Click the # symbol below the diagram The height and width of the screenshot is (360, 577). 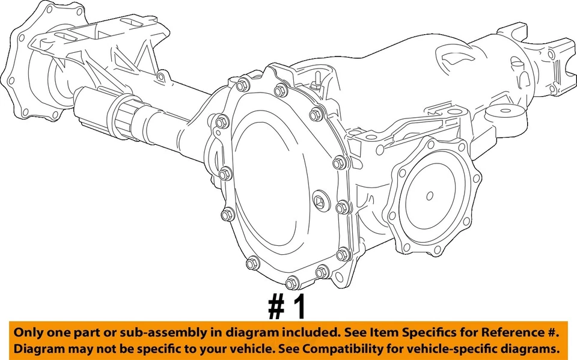click(276, 307)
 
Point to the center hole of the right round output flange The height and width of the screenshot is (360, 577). click(430, 195)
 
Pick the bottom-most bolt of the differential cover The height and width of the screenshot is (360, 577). click(292, 282)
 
